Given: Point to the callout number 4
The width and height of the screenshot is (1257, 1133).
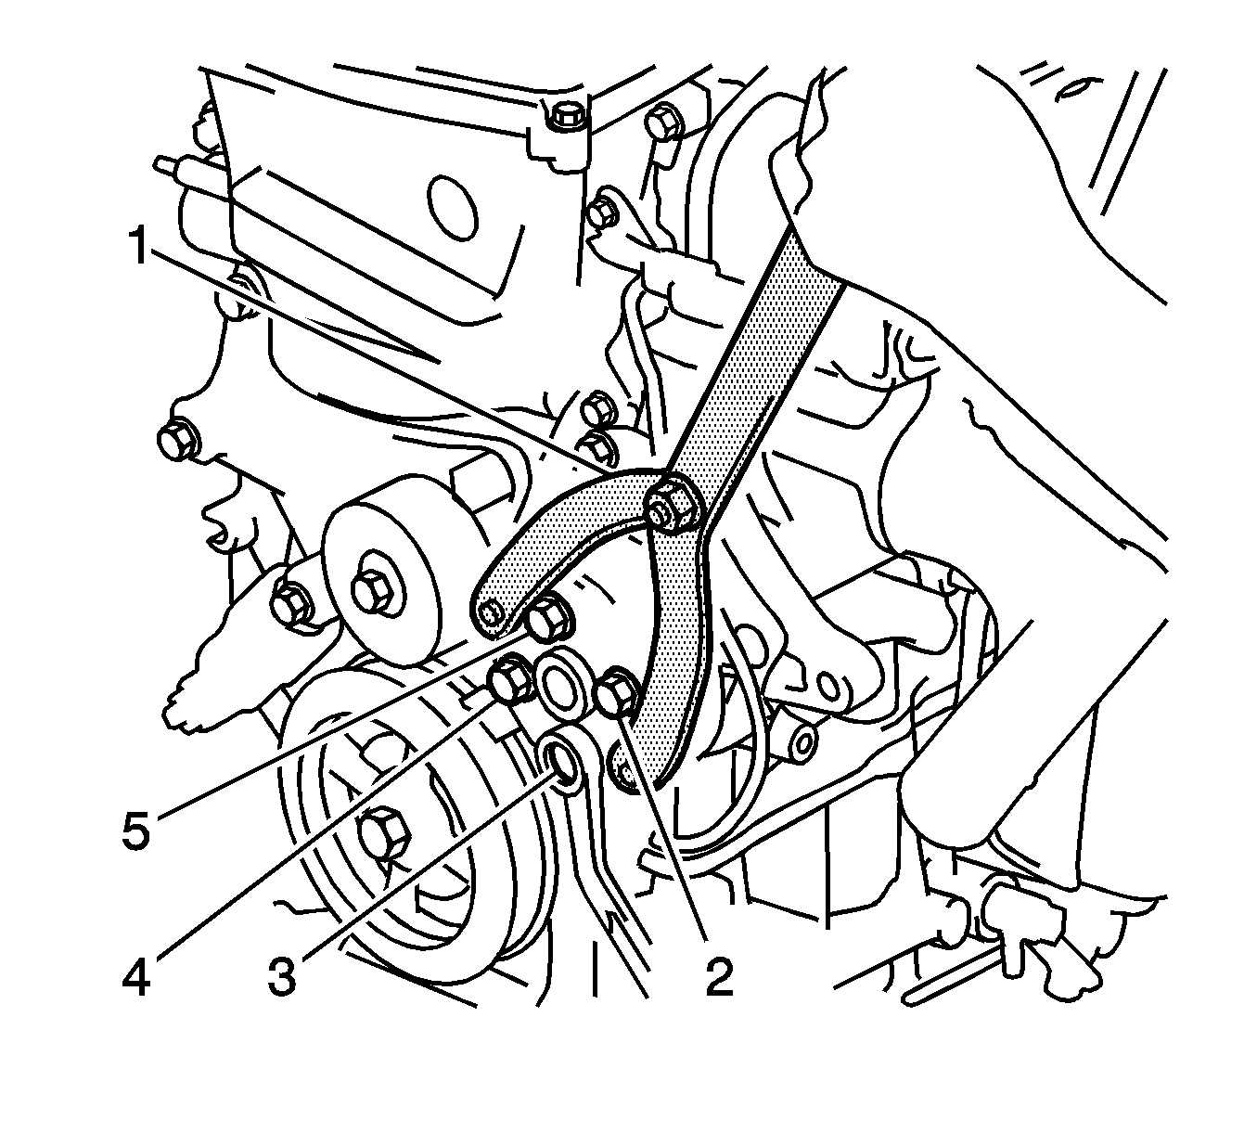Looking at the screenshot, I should click(137, 978).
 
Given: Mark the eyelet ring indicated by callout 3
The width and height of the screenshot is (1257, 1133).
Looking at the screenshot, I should click(563, 761).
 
